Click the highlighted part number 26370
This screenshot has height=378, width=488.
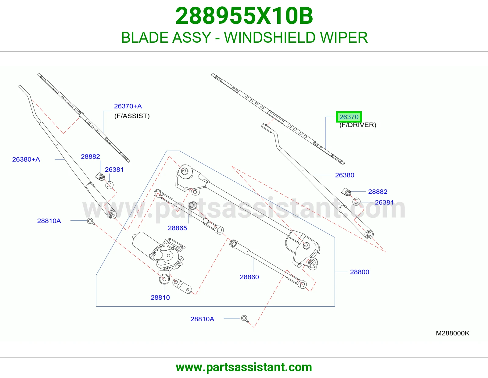[349, 117]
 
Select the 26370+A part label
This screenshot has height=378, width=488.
[128, 106]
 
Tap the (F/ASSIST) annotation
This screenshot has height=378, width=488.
[132, 116]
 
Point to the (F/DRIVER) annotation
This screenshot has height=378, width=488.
[358, 125]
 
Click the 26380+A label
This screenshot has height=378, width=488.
[26, 159]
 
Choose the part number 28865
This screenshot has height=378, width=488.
[178, 228]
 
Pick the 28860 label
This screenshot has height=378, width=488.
[249, 277]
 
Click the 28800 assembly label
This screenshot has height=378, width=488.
[360, 272]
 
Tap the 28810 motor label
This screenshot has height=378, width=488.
[160, 298]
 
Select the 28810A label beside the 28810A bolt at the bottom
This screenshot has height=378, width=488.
[202, 319]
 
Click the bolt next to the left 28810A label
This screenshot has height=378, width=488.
[91, 221]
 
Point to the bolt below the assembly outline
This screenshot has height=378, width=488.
[245, 319]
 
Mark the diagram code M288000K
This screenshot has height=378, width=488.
[453, 333]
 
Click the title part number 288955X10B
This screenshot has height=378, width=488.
[244, 16]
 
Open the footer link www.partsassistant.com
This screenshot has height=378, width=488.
[244, 367]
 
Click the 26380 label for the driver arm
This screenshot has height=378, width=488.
[344, 175]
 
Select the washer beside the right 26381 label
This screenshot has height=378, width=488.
[356, 201]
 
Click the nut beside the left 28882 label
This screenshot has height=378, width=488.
[101, 177]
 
